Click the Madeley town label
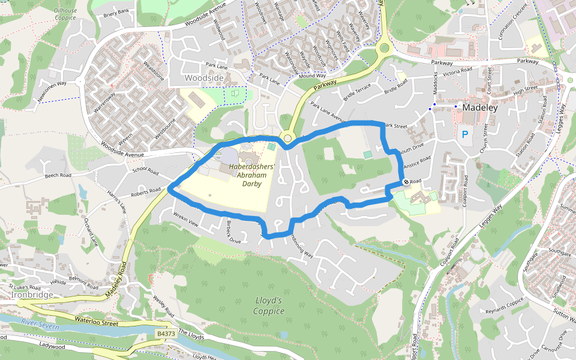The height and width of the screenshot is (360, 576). click(x=481, y=108)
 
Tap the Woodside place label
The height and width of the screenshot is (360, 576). click(x=204, y=79)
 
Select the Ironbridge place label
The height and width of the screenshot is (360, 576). click(x=31, y=295)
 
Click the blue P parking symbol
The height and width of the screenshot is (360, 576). click(x=464, y=134)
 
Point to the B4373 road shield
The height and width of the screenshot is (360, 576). click(x=166, y=334)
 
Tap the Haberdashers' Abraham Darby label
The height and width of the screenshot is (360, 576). click(x=252, y=175)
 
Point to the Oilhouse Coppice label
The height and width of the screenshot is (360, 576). click(x=65, y=14)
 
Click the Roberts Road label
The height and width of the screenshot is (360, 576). click(x=147, y=193)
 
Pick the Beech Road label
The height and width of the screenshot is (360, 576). click(x=58, y=176)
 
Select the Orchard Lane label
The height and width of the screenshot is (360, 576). click(x=91, y=233)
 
